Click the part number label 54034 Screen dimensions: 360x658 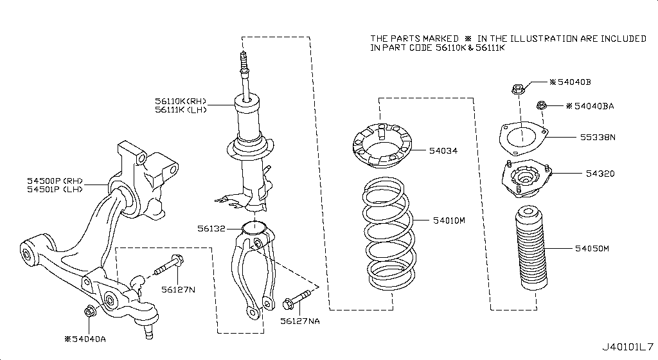click(x=444, y=151)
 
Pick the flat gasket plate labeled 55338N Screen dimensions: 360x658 click(x=523, y=138)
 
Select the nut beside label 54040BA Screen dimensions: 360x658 click(x=542, y=105)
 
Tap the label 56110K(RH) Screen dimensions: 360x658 click(x=180, y=100)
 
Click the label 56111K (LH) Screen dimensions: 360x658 click(x=180, y=110)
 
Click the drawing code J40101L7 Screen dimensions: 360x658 click(x=627, y=348)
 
